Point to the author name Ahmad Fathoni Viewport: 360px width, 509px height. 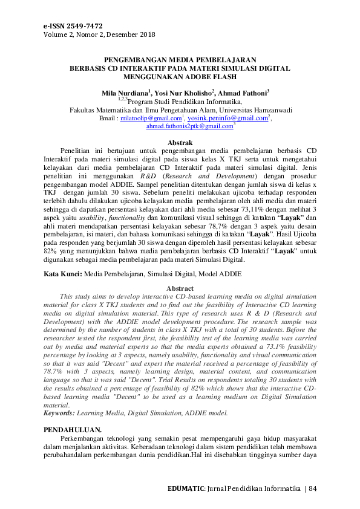point(241,94)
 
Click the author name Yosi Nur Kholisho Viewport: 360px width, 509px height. point(182,94)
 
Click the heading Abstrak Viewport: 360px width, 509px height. point(179,141)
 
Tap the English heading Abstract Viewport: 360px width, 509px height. point(180,289)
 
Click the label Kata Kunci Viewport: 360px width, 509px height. point(63,274)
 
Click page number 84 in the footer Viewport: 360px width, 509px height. point(312,488)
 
